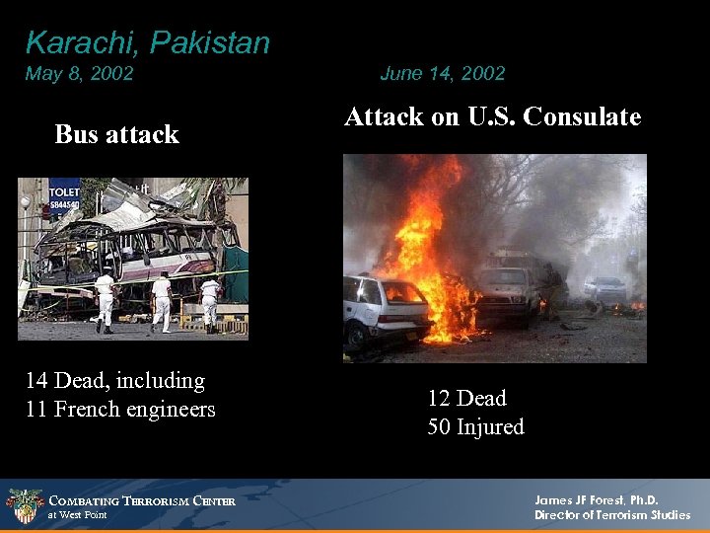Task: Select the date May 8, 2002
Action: pyautogui.click(x=79, y=73)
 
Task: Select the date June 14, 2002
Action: pyautogui.click(x=442, y=73)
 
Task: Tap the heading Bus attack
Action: pyautogui.click(x=116, y=134)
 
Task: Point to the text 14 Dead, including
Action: pyautogui.click(x=115, y=380)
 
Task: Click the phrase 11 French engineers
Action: pyautogui.click(x=120, y=409)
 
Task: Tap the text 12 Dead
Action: pyautogui.click(x=466, y=398)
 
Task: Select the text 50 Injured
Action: pyautogui.click(x=475, y=426)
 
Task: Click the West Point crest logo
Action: pyautogui.click(x=24, y=506)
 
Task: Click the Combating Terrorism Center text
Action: pyautogui.click(x=142, y=501)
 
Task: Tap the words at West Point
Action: pyautogui.click(x=77, y=515)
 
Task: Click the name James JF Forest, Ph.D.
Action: pyautogui.click(x=596, y=500)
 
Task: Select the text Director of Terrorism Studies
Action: pyautogui.click(x=612, y=515)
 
